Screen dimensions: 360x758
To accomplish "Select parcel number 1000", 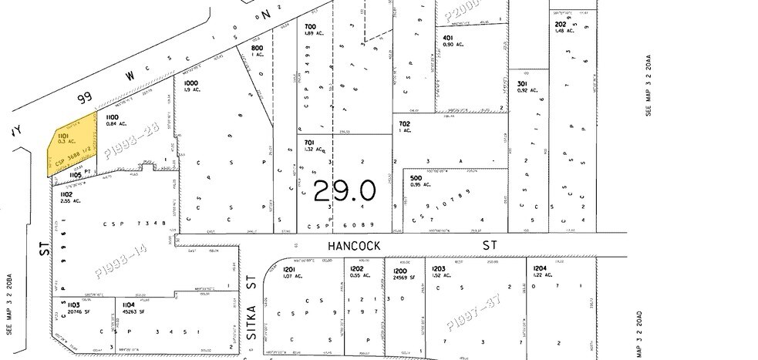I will click(x=190, y=82).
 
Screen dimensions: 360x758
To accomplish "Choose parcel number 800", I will click(x=257, y=48).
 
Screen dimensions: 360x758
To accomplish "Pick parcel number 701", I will click(x=308, y=142).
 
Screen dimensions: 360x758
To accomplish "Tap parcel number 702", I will click(x=405, y=123).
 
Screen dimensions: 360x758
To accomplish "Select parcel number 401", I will click(x=447, y=38).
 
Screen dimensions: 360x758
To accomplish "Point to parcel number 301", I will click(x=522, y=83).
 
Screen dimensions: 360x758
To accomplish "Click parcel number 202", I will click(x=561, y=24).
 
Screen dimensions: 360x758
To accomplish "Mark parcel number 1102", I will click(x=66, y=194).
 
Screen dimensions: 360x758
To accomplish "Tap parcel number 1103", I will click(x=67, y=304).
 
